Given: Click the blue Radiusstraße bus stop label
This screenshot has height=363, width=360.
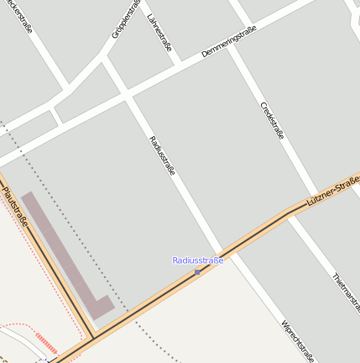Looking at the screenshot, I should click(197, 260).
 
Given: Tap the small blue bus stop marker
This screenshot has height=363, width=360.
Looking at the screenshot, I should click(197, 271).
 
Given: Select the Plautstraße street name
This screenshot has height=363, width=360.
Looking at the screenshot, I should click(16, 208).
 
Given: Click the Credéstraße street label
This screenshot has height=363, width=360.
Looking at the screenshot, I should click(273, 119).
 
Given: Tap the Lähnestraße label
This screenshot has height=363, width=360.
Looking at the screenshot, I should click(159, 32).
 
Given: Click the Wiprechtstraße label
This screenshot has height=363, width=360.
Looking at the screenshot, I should click(298, 339).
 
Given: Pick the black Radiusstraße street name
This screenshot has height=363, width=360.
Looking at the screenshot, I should click(162, 155).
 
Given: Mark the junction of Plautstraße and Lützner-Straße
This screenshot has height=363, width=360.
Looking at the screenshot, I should click(92, 337).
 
